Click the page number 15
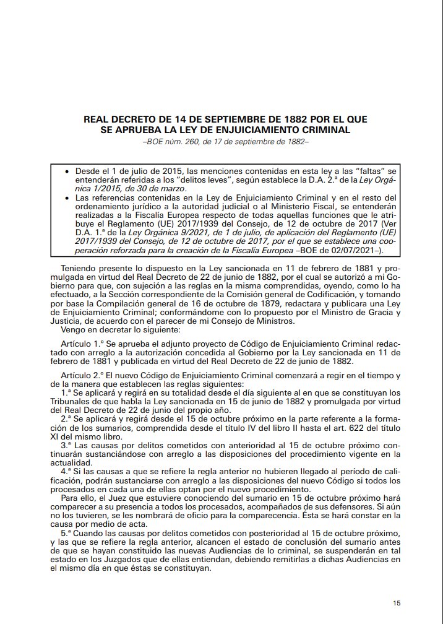397,602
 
